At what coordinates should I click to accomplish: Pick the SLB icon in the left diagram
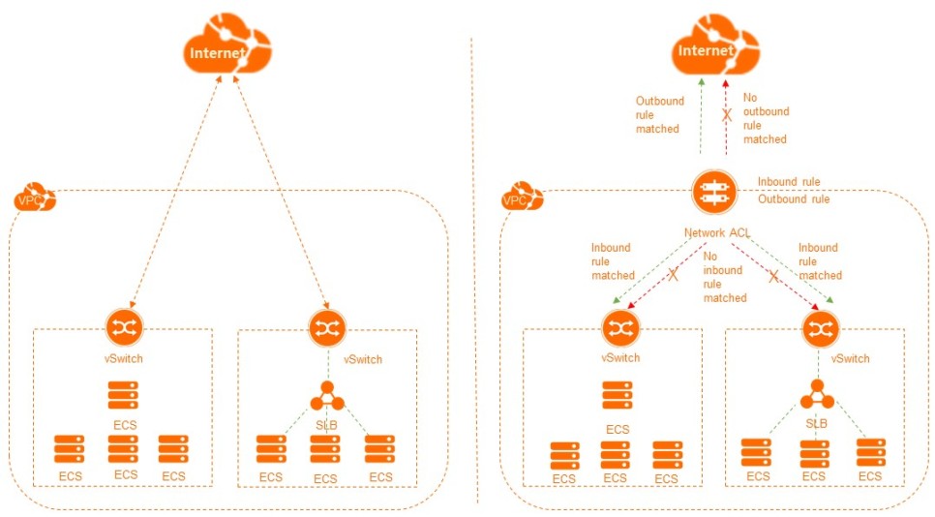(x=326, y=395)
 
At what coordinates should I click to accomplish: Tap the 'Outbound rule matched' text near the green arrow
(x=659, y=114)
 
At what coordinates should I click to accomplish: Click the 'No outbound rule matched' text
(x=766, y=118)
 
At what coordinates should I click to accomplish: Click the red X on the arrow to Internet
(x=726, y=115)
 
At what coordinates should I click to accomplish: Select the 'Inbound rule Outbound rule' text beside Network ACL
(x=793, y=191)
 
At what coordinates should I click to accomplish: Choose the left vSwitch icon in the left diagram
(x=124, y=327)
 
